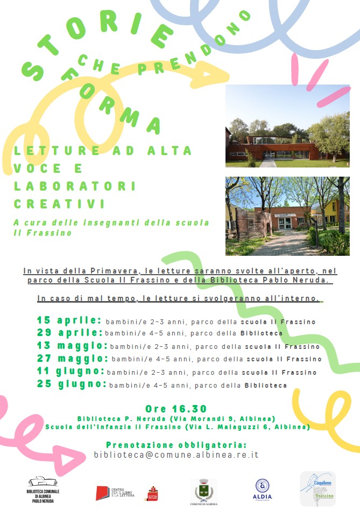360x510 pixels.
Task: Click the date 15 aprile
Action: point(69,321)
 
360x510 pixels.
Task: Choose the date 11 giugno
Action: point(70,371)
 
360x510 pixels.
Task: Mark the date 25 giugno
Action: point(72,384)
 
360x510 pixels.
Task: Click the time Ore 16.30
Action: point(176,409)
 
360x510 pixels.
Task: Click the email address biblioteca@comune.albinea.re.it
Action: point(176,455)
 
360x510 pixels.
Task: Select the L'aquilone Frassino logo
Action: point(317,488)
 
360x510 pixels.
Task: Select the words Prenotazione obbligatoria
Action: point(176,445)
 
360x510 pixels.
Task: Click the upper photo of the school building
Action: point(287,125)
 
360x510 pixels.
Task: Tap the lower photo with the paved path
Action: point(287,216)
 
